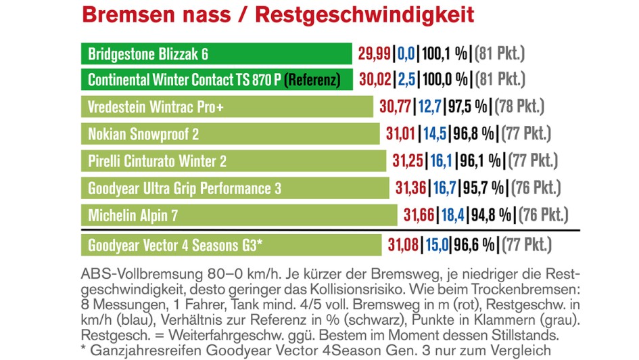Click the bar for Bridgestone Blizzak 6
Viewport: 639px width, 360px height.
coord(216,53)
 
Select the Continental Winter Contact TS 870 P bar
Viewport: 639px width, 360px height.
coord(216,80)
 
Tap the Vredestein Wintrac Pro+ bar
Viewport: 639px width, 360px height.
coord(227,106)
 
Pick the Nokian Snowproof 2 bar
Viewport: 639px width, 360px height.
coord(230,133)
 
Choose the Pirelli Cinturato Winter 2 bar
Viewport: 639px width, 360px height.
coord(233,160)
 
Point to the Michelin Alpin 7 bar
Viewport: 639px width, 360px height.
coord(239,215)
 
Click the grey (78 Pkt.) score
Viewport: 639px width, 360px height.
coord(519,106)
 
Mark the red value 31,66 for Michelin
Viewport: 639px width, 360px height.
coord(419,215)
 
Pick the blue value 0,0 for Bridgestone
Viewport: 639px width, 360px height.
coord(405,53)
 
